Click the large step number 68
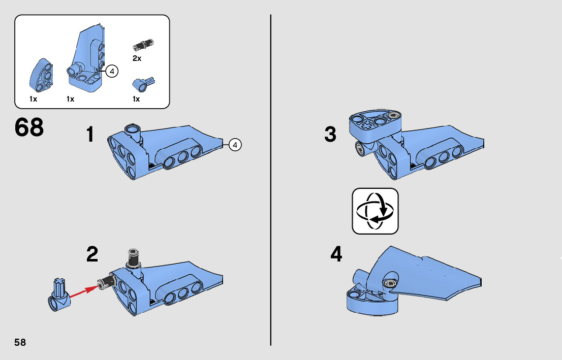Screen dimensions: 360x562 point(29,127)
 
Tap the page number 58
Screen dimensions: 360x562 point(20,342)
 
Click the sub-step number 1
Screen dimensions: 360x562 point(90,135)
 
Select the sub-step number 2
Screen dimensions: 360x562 point(92,254)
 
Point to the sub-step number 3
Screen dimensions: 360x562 point(330,135)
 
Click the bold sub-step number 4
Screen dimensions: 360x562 point(336,254)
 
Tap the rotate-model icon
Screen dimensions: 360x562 point(375,211)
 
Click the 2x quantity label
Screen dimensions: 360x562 point(137,58)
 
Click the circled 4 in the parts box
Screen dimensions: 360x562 point(112,71)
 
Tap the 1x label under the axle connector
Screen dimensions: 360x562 point(136,99)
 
